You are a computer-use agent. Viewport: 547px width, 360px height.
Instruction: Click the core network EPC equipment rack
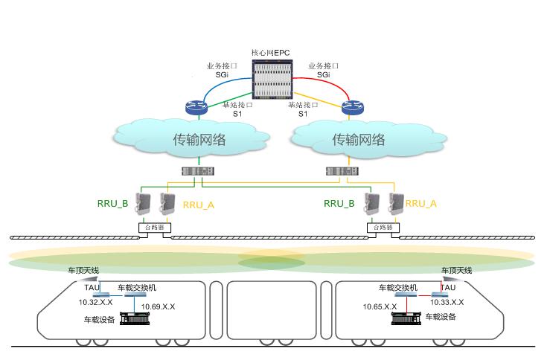274,80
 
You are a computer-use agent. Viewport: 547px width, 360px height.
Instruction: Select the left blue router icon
198,106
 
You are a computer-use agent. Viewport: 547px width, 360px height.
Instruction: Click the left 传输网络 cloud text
199,139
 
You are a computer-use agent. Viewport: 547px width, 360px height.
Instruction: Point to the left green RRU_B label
113,202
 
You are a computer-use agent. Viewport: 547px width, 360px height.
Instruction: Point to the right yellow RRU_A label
421,203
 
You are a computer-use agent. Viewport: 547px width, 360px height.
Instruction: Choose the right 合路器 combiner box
383,227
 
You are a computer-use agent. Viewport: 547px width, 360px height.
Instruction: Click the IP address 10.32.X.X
96,303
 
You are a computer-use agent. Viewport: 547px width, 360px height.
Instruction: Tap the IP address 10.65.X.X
380,306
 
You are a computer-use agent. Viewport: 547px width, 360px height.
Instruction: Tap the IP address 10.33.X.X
447,303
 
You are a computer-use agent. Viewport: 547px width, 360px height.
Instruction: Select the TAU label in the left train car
92,287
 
